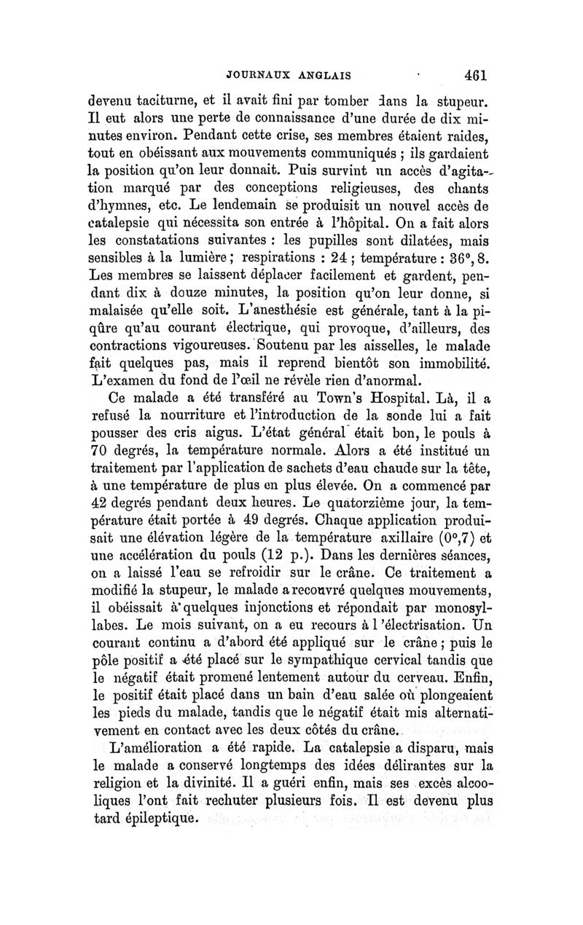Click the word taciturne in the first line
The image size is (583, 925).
point(168,103)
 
